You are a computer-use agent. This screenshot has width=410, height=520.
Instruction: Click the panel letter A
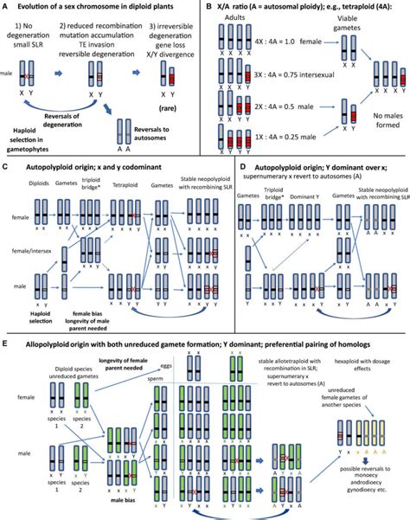(6, 7)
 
